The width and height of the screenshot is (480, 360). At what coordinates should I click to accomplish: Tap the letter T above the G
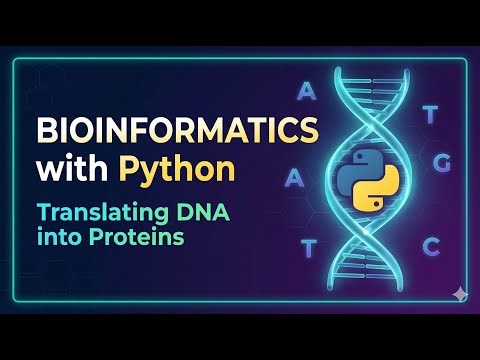pyautogui.click(x=430, y=114)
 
